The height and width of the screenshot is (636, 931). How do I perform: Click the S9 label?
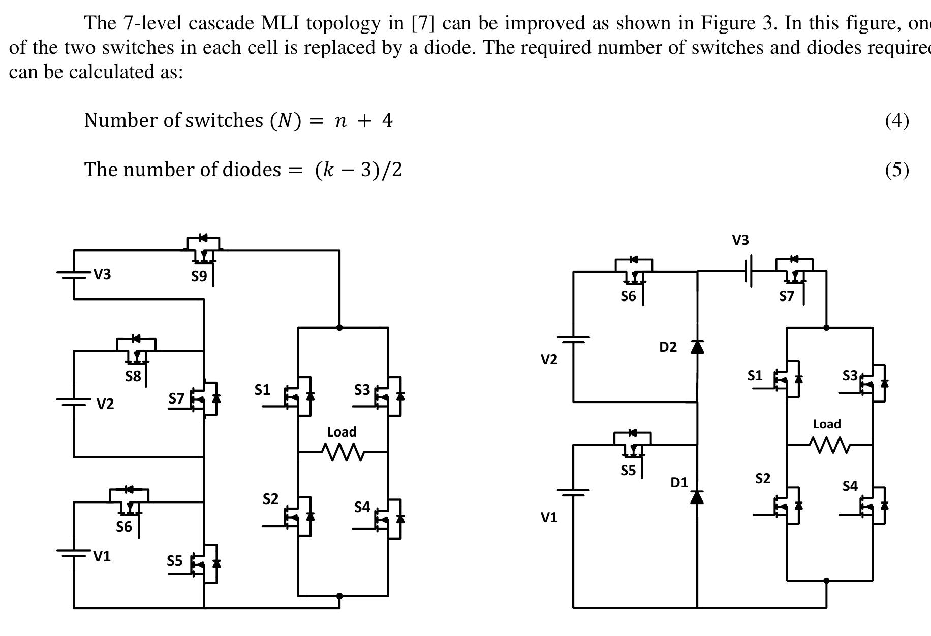pos(199,276)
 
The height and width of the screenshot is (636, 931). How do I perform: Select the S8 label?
pos(133,376)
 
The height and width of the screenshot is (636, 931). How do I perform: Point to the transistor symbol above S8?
pos(136,350)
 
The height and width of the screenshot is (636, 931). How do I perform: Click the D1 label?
pos(679,482)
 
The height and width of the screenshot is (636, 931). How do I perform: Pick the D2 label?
pos(668,347)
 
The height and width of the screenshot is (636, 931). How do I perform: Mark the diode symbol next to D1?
pos(697,496)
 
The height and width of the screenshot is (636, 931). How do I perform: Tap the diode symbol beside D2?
pos(697,347)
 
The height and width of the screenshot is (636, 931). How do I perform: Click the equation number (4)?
pos(897,120)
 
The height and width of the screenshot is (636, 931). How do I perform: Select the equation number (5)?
pos(897,170)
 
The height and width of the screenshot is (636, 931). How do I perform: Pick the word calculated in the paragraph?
pos(110,72)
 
